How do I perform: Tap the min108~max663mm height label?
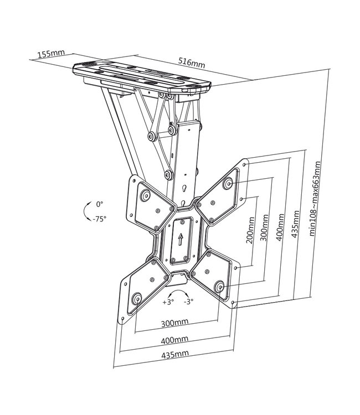point(317,199)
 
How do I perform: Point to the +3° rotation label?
point(168,303)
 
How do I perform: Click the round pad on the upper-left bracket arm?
point(146,194)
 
